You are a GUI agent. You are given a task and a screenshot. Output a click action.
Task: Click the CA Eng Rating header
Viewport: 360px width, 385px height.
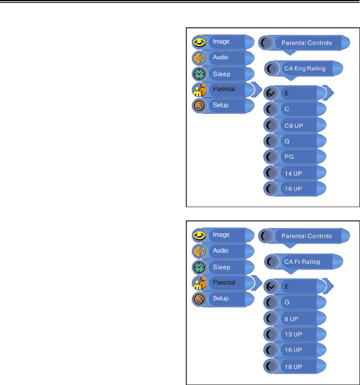coord(305,68)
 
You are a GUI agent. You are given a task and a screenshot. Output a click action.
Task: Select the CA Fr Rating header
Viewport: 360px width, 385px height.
coord(302,261)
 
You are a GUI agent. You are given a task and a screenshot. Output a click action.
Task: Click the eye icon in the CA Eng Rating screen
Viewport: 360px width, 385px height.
coord(199,42)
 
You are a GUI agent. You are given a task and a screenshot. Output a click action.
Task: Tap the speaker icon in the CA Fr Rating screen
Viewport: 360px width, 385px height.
coord(199,251)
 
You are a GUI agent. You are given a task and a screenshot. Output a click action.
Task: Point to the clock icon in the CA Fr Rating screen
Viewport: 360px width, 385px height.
coord(199,267)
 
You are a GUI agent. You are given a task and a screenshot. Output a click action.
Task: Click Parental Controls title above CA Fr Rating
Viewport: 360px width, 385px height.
coord(306,236)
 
